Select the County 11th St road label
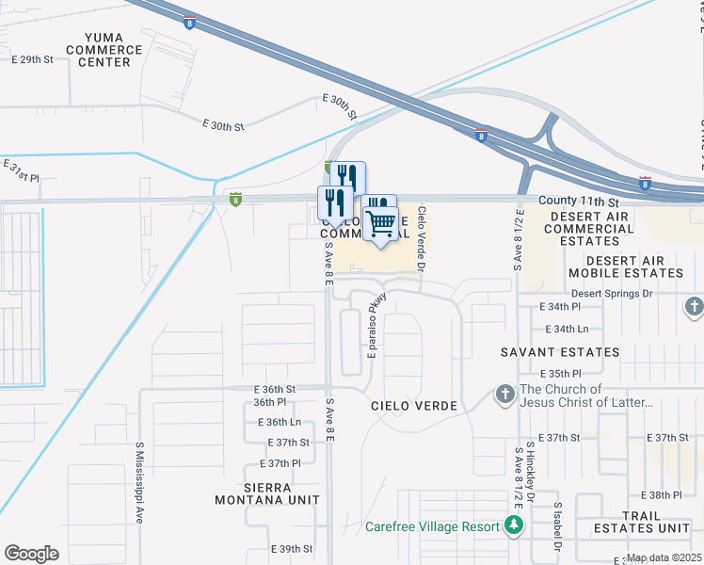click(580, 202)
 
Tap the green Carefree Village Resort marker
click(514, 524)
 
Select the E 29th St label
click(33, 59)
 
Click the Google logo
click(31, 553)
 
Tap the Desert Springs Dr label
click(611, 293)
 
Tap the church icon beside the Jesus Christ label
click(504, 395)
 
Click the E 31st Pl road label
click(22, 171)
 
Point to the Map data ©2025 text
click(664, 557)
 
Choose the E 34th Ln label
click(566, 329)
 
